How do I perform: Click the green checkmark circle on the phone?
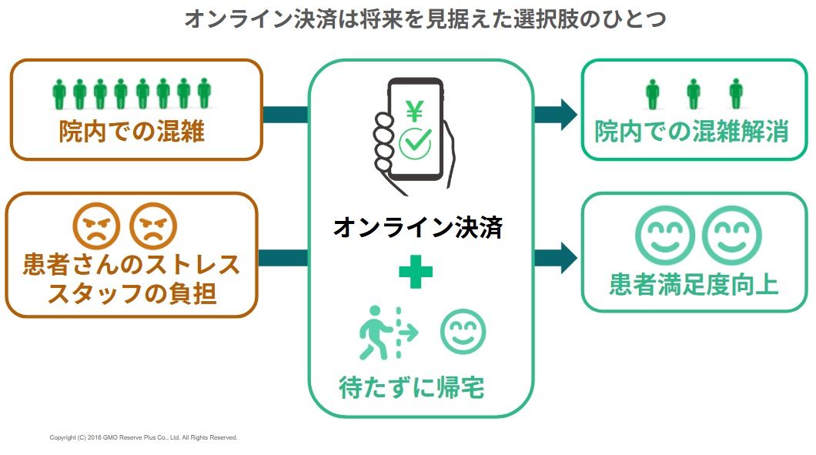pyautogui.click(x=416, y=142)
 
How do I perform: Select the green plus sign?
pyautogui.click(x=416, y=272)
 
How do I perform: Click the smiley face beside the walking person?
pyautogui.click(x=463, y=333)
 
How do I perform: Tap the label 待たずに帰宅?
pyautogui.click(x=412, y=386)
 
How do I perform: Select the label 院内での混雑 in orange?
pyautogui.click(x=132, y=131)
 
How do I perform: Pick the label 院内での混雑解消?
pyautogui.click(x=691, y=131)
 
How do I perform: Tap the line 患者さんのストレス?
pyautogui.click(x=132, y=265)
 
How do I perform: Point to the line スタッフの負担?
pyautogui.click(x=132, y=293)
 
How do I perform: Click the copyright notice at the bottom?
pyautogui.click(x=143, y=437)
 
